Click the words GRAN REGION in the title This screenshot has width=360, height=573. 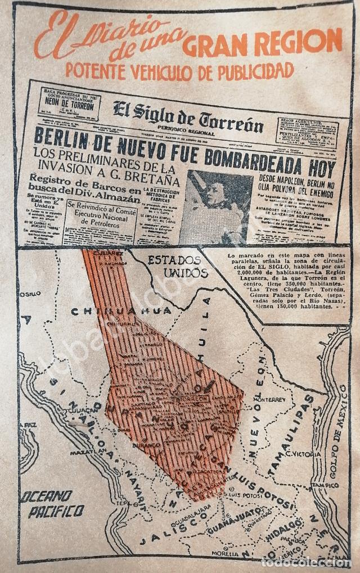click(x=262, y=42)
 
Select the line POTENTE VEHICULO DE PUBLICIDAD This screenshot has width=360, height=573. click(x=179, y=71)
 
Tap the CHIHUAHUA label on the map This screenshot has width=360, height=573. click(x=121, y=310)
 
